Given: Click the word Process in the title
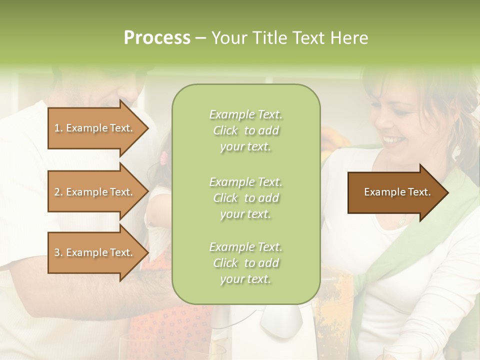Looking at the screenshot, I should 157,38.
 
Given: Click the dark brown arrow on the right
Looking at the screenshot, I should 395,192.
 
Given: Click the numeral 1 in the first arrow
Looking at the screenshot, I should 56,128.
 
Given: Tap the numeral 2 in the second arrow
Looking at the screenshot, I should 57,192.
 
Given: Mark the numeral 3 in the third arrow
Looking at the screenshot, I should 57,252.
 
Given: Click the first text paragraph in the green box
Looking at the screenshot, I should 246,130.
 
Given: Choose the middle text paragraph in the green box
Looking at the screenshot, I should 246,198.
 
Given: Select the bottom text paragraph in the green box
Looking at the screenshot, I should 246,263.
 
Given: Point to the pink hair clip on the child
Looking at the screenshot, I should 163,159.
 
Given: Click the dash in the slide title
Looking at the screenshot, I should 201,38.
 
